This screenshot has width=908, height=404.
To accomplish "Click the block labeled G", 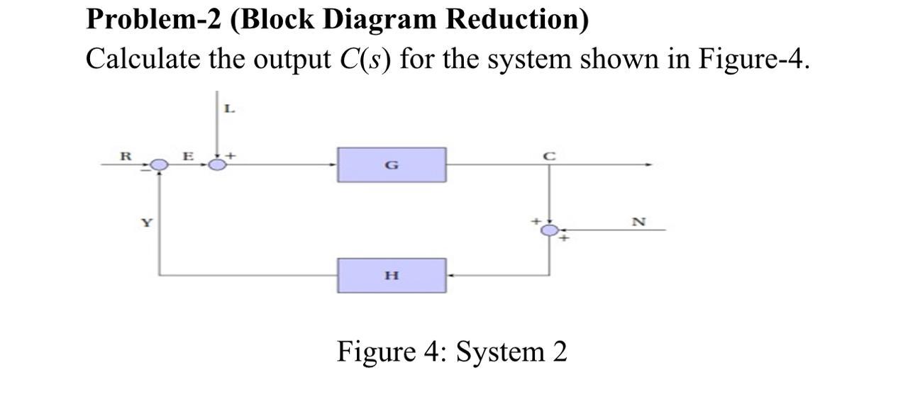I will click(x=392, y=165).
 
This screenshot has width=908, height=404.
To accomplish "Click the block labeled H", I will click(x=392, y=275).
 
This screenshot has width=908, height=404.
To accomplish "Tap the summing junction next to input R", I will click(x=160, y=165).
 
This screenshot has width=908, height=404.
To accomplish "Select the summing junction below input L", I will click(x=218, y=165).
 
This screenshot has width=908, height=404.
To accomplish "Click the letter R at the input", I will click(x=125, y=155).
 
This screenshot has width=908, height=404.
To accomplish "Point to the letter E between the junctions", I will click(x=188, y=155).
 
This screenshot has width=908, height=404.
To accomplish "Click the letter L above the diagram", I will click(x=228, y=109).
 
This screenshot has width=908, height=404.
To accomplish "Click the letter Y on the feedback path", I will click(x=146, y=223).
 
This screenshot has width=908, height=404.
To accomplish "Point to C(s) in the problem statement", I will click(x=362, y=59).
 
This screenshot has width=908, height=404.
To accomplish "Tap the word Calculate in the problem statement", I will click(x=143, y=59).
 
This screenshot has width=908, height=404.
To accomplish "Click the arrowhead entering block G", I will click(x=334, y=165).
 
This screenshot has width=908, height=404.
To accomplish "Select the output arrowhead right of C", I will click(x=648, y=165).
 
